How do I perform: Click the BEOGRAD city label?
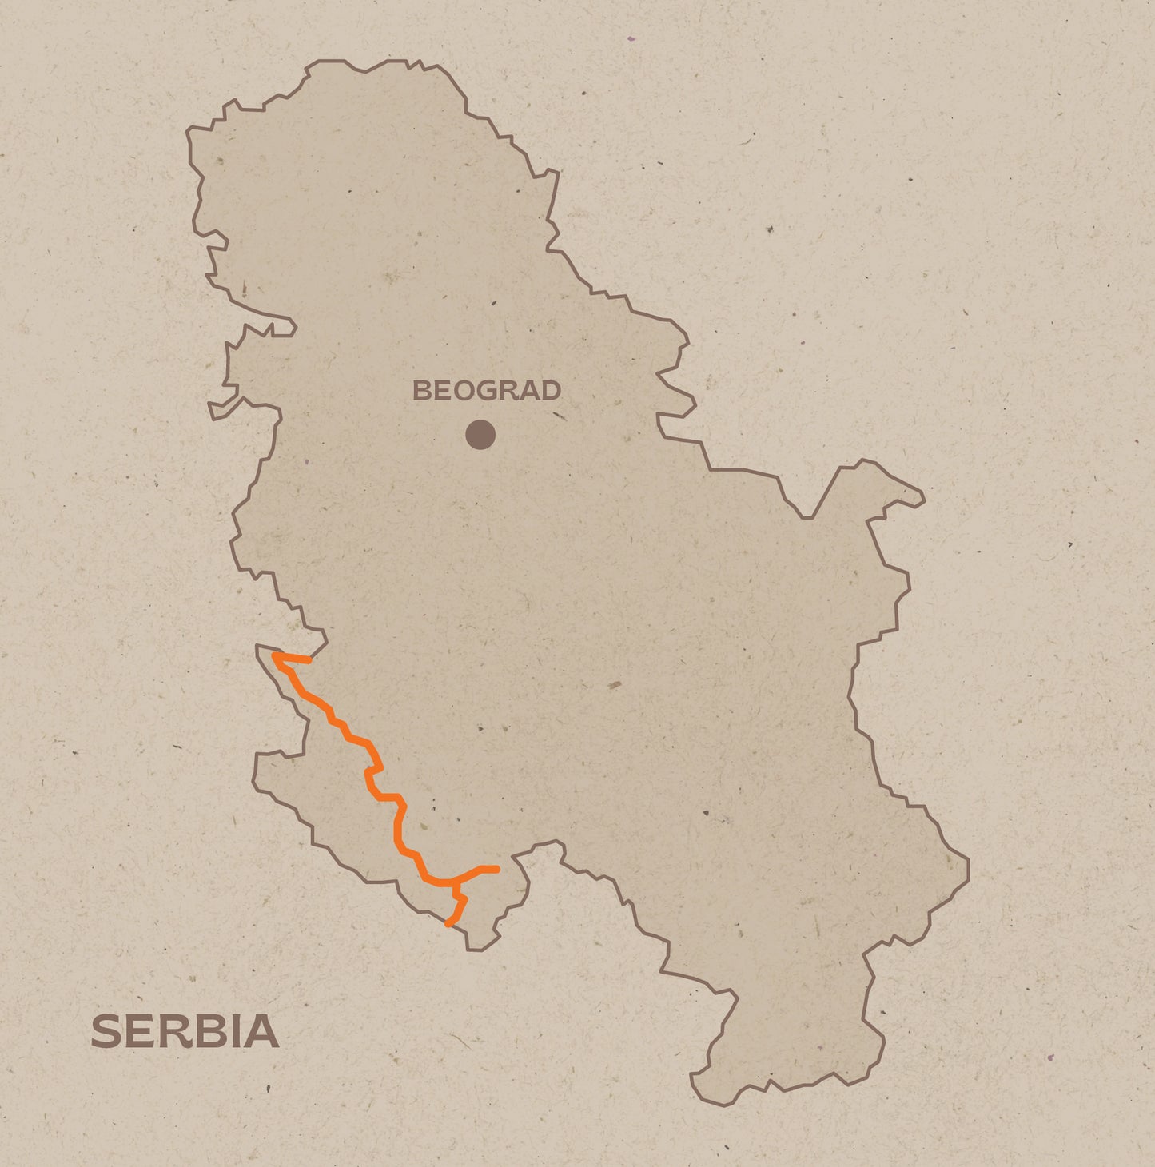click(486, 391)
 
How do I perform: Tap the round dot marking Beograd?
click(480, 435)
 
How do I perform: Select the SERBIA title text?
click(185, 1031)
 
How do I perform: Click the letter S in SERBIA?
click(106, 1031)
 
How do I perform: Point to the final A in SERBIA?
click(261, 1031)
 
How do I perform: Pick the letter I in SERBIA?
click(233, 1031)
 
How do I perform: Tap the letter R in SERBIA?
click(172, 1031)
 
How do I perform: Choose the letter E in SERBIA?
click(139, 1031)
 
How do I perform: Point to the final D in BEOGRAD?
click(551, 391)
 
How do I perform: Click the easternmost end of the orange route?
click(496, 869)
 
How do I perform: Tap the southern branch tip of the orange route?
click(448, 924)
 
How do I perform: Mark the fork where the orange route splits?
click(455, 883)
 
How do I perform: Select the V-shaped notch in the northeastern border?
click(807, 517)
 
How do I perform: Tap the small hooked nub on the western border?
click(214, 412)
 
